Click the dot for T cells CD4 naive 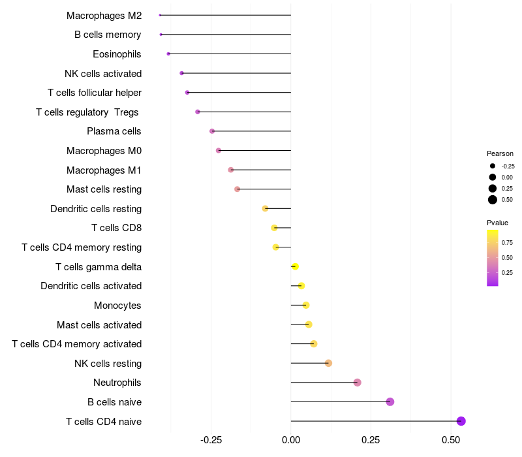pyautogui.click(x=461, y=421)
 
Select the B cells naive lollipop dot pyautogui.click(x=390, y=402)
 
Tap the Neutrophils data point pyautogui.click(x=357, y=383)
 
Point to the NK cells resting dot pyautogui.click(x=328, y=363)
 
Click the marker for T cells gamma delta pyautogui.click(x=295, y=266)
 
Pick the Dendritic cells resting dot pyautogui.click(x=265, y=208)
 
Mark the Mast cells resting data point pyautogui.click(x=237, y=189)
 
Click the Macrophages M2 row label pyautogui.click(x=104, y=15)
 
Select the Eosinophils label pyautogui.click(x=117, y=54)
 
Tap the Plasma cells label pyautogui.click(x=114, y=131)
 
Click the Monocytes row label pyautogui.click(x=117, y=306)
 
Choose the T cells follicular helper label pyautogui.click(x=95, y=93)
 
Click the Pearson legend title pyautogui.click(x=500, y=153)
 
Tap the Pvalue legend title pyautogui.click(x=497, y=223)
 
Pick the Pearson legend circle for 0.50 pyautogui.click(x=493, y=200)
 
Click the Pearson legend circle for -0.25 pyautogui.click(x=493, y=166)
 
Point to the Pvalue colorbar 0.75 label pyautogui.click(x=507, y=242)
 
